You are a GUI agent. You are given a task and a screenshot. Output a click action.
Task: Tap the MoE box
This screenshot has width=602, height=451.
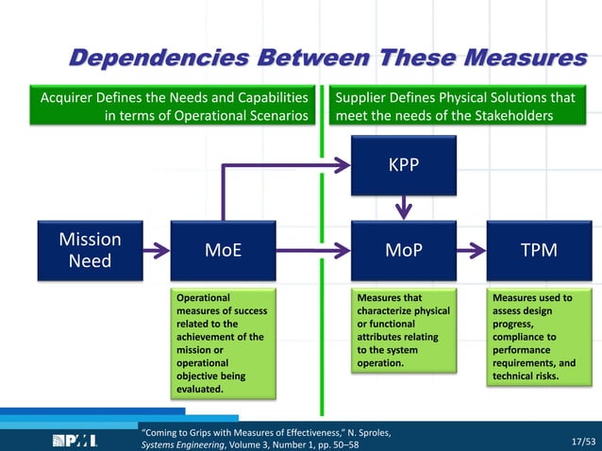223,251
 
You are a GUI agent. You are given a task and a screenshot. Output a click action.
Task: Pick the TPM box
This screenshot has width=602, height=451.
538,251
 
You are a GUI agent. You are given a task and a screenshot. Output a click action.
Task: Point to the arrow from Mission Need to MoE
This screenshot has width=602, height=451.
157,251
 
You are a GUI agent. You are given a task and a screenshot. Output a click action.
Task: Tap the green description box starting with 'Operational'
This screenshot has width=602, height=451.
223,343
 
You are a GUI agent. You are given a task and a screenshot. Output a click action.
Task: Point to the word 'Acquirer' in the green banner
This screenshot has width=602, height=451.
68,97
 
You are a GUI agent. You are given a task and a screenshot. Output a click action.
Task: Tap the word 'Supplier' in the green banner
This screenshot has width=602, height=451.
365,97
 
